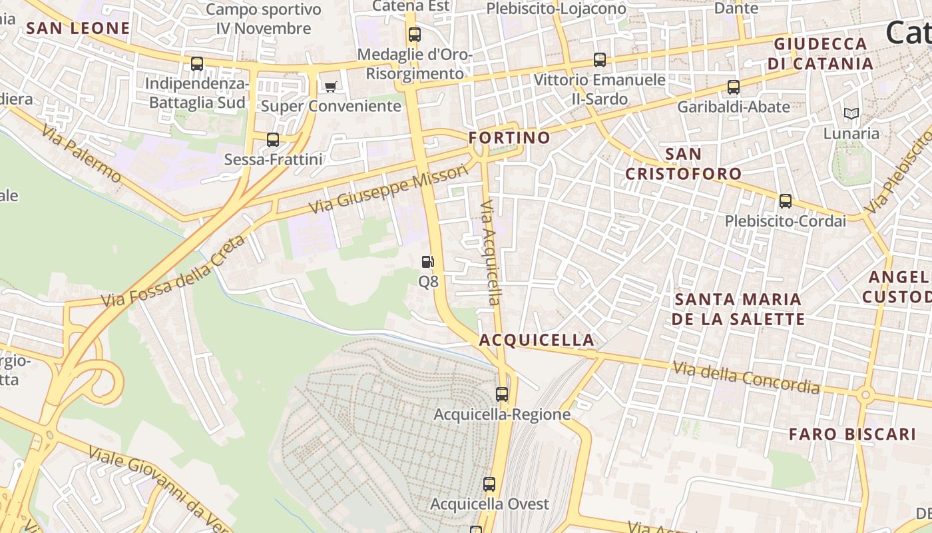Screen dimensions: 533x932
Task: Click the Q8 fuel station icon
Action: [428, 262]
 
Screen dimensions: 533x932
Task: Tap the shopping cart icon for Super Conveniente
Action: [330, 86]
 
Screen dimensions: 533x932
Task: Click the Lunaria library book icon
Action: [851, 114]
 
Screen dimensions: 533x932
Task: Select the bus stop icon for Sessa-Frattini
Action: [273, 140]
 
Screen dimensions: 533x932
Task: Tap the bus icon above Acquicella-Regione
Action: [502, 394]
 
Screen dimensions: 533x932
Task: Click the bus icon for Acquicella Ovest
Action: [489, 484]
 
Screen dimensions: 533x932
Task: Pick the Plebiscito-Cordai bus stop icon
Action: [786, 201]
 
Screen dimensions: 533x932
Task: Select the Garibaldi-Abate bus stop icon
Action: [733, 87]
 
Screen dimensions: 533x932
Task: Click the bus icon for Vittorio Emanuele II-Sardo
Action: [600, 60]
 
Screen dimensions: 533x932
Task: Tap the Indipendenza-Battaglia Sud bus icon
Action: [197, 64]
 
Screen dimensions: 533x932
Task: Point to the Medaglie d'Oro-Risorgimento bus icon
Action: [415, 35]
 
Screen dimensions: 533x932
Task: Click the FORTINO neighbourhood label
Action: [509, 138]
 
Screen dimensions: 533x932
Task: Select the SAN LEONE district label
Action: [78, 28]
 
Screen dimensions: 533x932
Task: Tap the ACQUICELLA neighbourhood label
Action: [537, 340]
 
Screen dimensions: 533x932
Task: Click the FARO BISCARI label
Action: [852, 434]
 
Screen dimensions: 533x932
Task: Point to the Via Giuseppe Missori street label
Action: [389, 189]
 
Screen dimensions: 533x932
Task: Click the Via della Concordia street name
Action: [746, 377]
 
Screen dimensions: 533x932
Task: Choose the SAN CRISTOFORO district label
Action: [683, 164]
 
